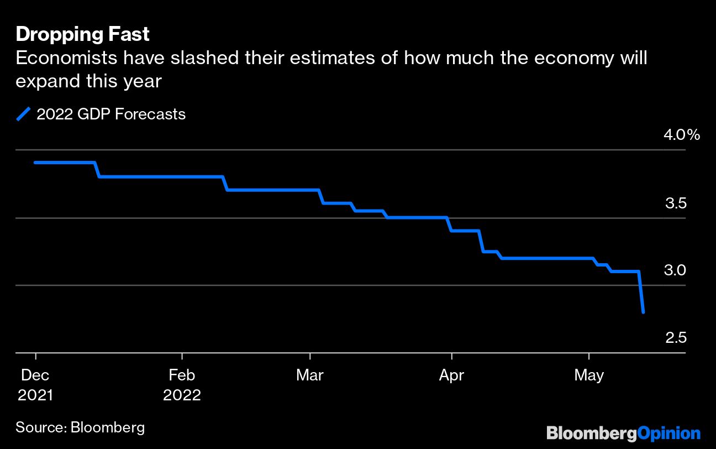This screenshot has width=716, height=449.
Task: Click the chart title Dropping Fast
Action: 83,34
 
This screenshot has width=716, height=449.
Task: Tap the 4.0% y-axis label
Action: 682,135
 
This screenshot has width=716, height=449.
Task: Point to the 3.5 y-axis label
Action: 676,203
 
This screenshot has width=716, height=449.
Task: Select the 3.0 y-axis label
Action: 676,270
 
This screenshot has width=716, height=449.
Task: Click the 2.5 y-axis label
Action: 676,338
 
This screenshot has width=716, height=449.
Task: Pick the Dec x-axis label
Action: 35,375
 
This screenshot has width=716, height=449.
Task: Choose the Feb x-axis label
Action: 182,375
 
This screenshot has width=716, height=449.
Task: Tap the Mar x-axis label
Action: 310,375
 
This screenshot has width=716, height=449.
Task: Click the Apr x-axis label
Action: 451,375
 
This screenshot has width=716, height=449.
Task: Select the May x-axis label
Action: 589,375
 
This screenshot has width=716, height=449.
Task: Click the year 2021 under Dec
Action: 35,396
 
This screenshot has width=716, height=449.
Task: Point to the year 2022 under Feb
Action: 182,396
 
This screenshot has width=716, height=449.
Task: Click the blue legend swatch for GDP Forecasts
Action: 24,114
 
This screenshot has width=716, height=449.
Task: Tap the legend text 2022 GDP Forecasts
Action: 110,114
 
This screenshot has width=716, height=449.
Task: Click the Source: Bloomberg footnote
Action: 80,427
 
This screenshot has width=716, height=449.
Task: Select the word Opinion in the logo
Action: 669,432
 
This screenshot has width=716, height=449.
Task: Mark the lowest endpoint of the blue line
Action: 643,312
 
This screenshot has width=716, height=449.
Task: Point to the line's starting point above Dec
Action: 35,163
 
